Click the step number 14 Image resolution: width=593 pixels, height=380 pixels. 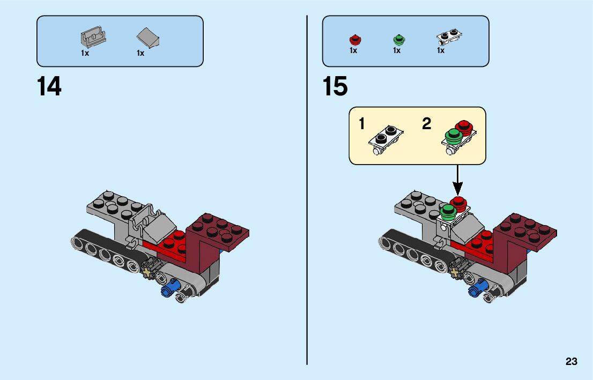pyautogui.click(x=49, y=87)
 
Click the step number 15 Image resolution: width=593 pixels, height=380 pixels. pyautogui.click(x=335, y=87)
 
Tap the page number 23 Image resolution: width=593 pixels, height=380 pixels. pyautogui.click(x=571, y=362)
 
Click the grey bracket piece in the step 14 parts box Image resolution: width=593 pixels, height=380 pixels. pyautogui.click(x=93, y=38)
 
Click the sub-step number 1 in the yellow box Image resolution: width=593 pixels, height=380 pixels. pyautogui.click(x=362, y=124)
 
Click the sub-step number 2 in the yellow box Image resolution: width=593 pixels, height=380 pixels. pyautogui.click(x=426, y=124)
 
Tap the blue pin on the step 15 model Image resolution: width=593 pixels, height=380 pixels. pyautogui.click(x=477, y=289)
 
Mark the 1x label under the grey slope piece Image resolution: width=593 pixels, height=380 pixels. pyautogui.click(x=140, y=53)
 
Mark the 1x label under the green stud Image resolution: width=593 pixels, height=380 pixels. pyautogui.click(x=397, y=50)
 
